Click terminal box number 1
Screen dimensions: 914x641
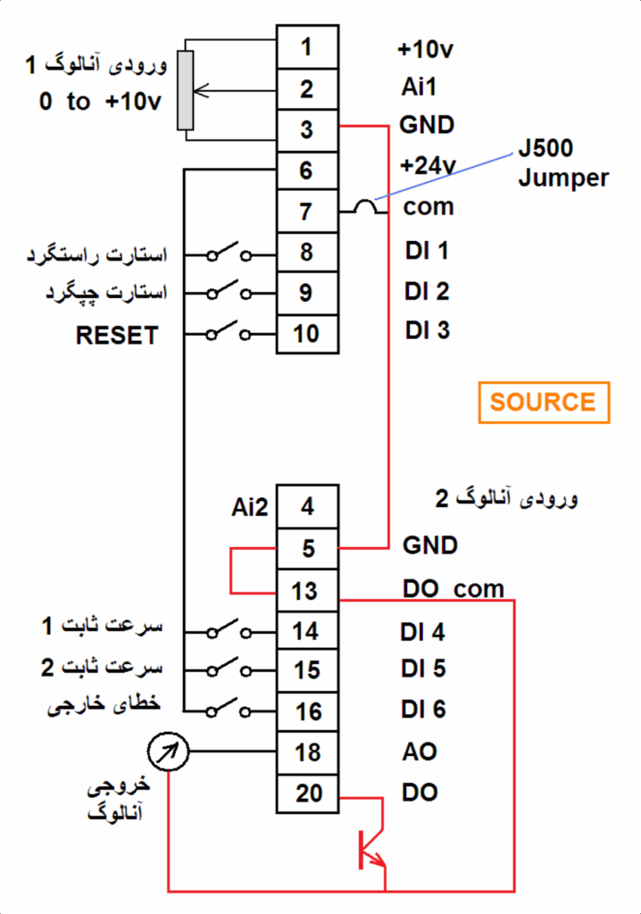(306, 47)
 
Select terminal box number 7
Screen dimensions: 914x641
(306, 212)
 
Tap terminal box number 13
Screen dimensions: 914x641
(306, 591)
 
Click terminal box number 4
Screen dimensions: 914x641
(307, 507)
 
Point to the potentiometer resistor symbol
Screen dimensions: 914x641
(186, 90)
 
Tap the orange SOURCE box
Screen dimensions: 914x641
(544, 402)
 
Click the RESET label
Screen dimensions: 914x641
(117, 336)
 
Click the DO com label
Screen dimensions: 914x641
(454, 589)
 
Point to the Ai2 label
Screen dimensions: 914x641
(249, 507)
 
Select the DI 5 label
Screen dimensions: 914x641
(423, 669)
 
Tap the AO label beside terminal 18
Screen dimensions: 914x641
(419, 752)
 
